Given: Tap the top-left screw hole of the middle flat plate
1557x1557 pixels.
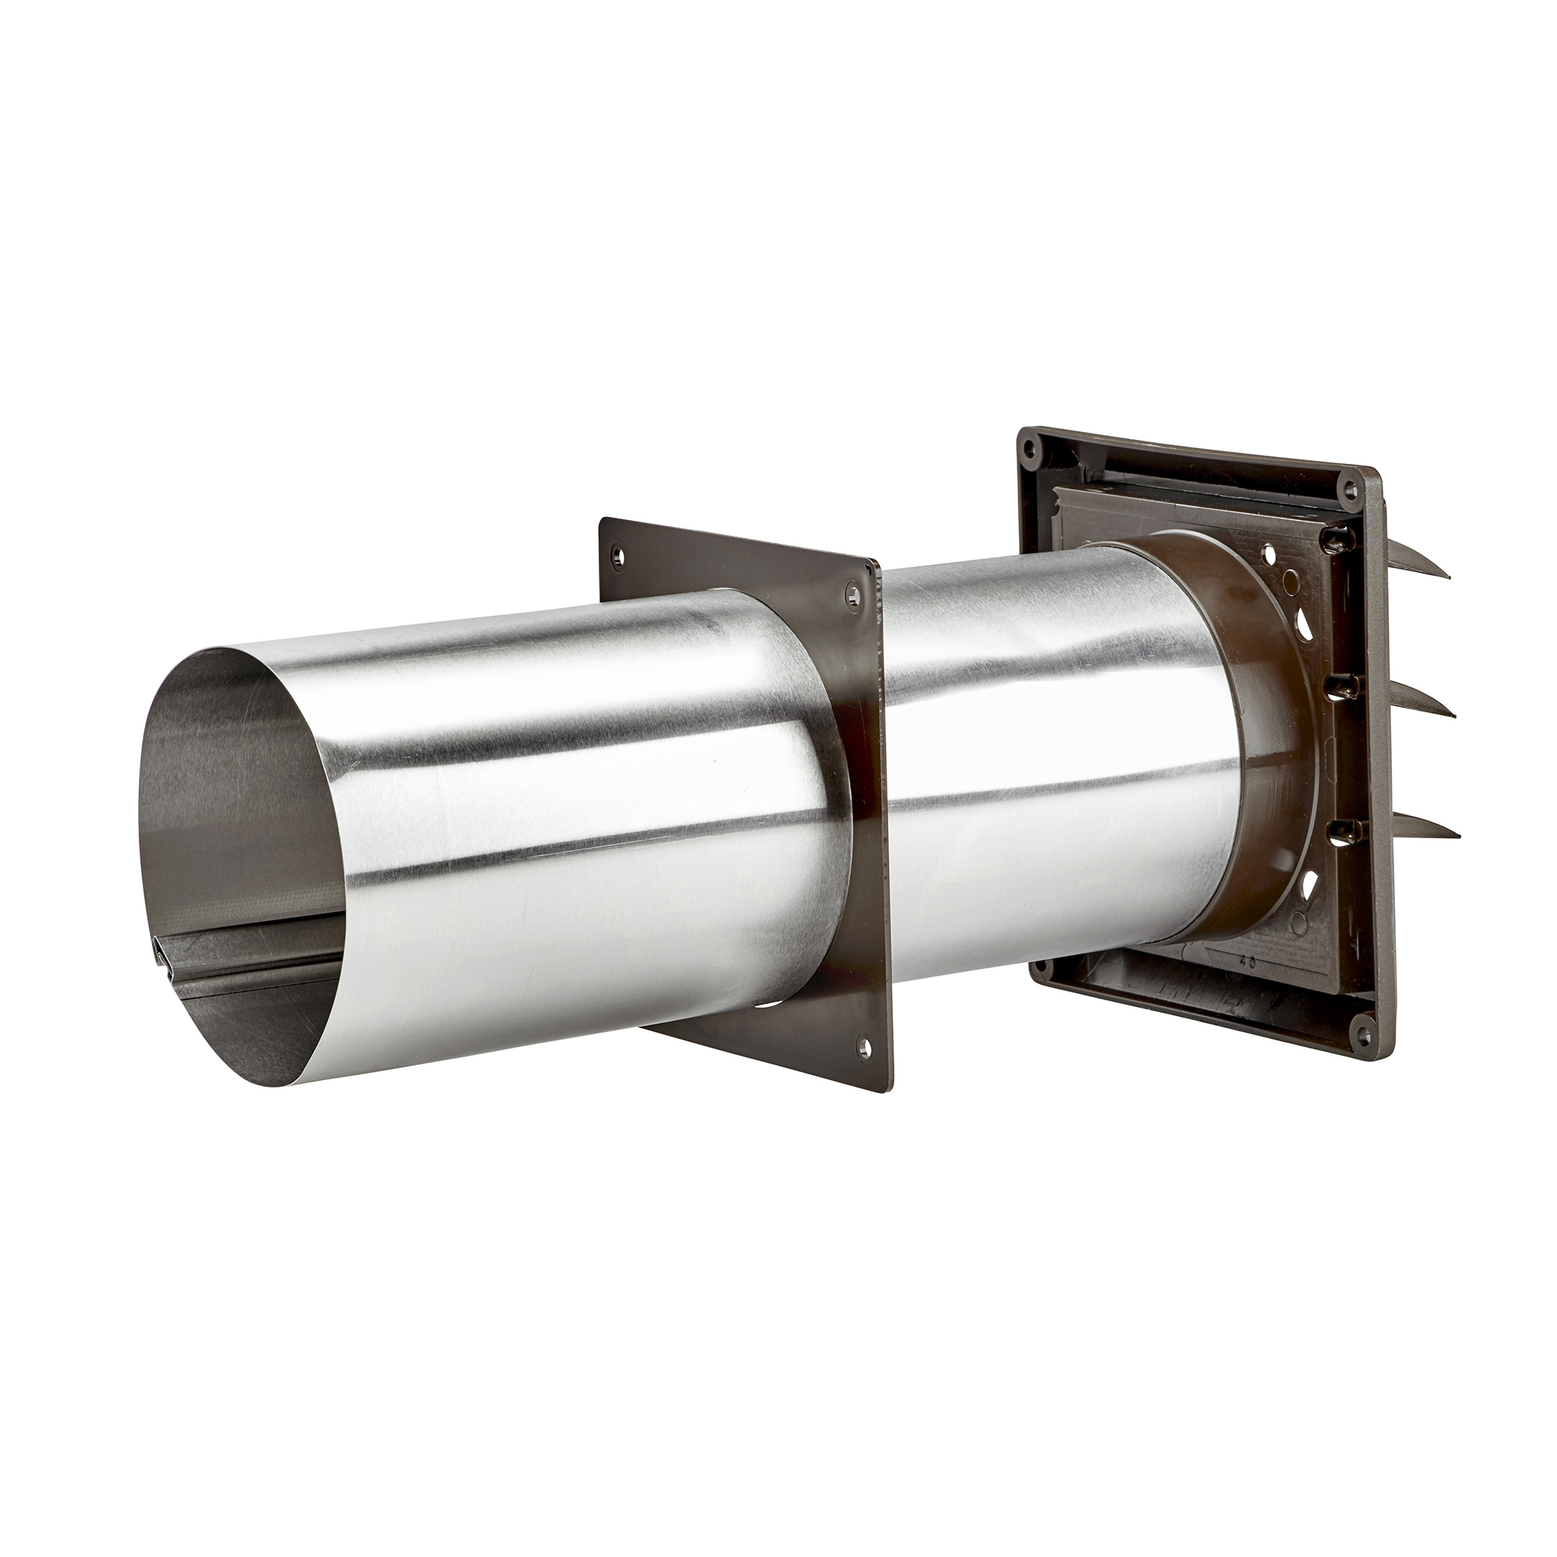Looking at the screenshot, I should [618, 555].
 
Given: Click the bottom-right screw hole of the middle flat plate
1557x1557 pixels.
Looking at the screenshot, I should [866, 1046].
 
